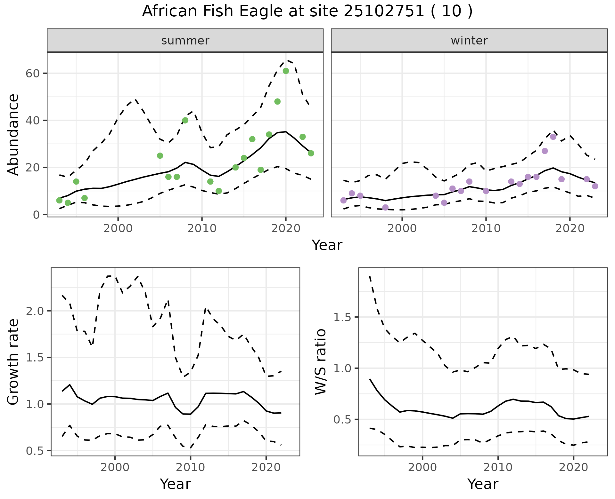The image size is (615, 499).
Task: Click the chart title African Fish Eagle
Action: tap(307, 12)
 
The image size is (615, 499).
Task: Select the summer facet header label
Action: tap(185, 41)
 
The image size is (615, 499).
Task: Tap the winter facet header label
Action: tap(469, 41)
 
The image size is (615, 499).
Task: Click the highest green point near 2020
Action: tap(286, 71)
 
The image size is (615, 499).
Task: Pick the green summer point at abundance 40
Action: tap(185, 121)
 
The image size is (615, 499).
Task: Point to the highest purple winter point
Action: tap(553, 137)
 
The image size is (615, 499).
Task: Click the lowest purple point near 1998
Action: tap(385, 208)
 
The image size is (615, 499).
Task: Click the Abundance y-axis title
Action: tap(13, 135)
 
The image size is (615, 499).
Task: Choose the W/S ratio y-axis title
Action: tap(321, 362)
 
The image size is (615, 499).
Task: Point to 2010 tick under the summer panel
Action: tap(202, 229)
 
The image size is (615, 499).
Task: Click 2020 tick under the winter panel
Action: tap(570, 229)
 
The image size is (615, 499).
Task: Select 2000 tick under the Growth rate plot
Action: tap(115, 467)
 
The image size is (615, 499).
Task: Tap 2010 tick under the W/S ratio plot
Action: tap(498, 467)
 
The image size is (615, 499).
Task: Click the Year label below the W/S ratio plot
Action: tap(483, 484)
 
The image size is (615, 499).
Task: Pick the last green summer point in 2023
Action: tap(311, 154)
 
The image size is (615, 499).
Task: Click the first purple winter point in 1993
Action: tap(343, 201)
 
